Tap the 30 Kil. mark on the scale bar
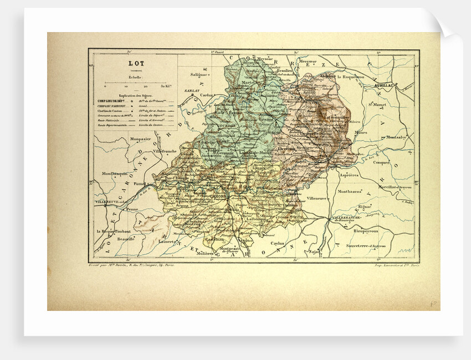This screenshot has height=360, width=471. pos(165,86)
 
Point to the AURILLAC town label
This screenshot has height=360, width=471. pos(383,86)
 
